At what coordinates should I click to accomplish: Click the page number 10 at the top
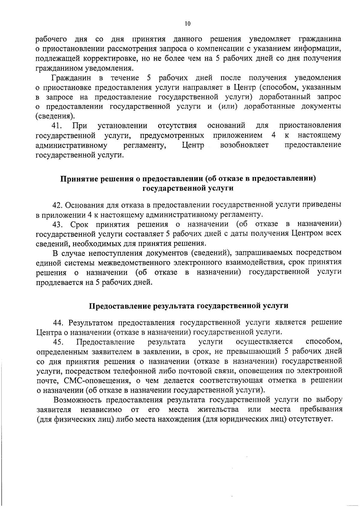(187, 24)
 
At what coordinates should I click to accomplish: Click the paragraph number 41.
(57, 125)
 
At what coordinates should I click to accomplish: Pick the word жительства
(218, 410)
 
